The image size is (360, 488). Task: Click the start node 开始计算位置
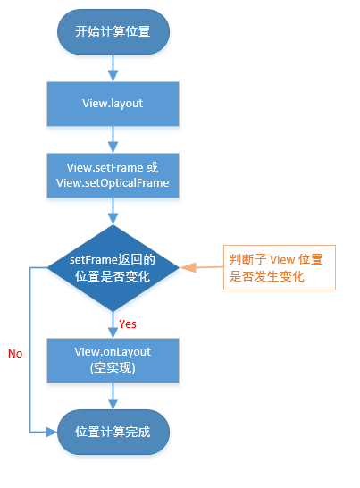click(113, 33)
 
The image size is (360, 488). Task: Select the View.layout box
click(113, 104)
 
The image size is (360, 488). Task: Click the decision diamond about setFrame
click(113, 267)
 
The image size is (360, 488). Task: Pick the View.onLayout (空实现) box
click(113, 359)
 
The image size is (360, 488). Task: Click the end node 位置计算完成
click(113, 432)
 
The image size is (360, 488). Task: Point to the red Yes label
click(127, 324)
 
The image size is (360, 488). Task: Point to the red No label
click(15, 354)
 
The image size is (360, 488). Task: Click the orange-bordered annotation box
click(279, 268)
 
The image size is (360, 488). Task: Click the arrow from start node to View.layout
click(113, 67)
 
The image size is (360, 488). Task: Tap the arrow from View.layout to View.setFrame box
click(113, 139)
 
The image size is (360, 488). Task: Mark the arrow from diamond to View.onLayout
click(113, 323)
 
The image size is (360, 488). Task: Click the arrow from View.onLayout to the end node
click(113, 396)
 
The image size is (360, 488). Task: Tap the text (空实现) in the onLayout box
click(113, 367)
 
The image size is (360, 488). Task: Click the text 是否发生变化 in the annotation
click(267, 277)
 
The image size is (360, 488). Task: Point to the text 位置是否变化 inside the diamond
click(113, 276)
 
